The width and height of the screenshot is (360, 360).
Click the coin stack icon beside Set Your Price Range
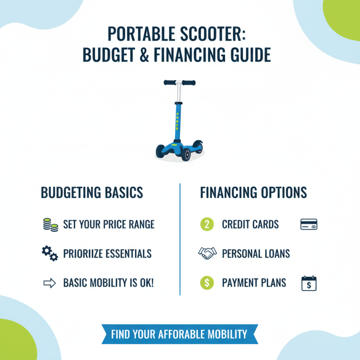50,224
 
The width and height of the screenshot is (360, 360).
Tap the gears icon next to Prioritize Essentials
50,254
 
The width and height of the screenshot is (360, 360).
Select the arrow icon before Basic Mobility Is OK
49,283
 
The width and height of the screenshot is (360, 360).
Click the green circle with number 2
206,224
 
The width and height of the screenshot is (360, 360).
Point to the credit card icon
309,224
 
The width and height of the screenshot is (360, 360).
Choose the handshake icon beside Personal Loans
207,253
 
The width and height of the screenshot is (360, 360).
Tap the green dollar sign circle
206,283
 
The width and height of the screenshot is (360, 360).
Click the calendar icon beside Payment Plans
309,283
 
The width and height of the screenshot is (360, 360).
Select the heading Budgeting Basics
92,193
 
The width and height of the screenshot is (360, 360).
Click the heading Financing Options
253,193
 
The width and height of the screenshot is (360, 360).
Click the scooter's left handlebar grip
170,83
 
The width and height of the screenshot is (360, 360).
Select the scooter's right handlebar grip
189,83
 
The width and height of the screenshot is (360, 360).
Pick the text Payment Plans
254,283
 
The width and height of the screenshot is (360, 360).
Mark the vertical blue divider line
180,238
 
